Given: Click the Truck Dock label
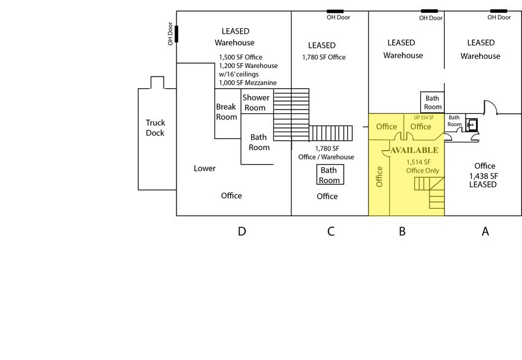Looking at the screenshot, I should [155, 127].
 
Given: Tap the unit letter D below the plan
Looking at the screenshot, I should [242, 231].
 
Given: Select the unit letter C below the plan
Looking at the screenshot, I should [331, 231].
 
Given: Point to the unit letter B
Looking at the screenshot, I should [403, 231].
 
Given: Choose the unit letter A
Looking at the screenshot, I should [485, 231].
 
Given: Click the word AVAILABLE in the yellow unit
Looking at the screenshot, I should [414, 150].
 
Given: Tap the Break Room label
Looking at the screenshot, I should [226, 111].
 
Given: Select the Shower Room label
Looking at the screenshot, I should [255, 102].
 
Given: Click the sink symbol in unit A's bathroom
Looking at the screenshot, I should [472, 124].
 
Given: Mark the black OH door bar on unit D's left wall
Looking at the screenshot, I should [176, 34].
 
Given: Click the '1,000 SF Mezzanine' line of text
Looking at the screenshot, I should [248, 83].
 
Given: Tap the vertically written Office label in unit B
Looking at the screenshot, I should [379, 176].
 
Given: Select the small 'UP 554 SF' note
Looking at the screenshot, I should [423, 118].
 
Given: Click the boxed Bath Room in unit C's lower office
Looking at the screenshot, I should [329, 175].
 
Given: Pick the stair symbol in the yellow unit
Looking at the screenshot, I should [429, 191].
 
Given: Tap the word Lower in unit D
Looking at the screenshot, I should [205, 168].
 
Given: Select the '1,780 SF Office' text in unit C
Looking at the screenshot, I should [323, 58].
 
